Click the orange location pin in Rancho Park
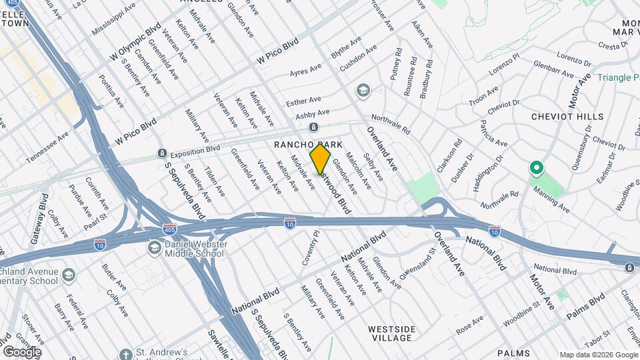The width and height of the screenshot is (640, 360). pyautogui.click(x=320, y=159)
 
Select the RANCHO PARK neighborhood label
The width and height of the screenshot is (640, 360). pyautogui.click(x=309, y=145)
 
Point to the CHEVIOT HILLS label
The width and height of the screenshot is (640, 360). pyautogui.click(x=567, y=117)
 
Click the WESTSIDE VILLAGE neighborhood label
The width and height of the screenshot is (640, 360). pyautogui.click(x=392, y=334)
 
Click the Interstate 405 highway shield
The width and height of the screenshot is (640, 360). pyautogui.click(x=170, y=229)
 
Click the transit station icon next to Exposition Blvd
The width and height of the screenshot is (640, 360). pyautogui.click(x=161, y=153)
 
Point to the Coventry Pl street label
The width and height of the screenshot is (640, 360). pyautogui.click(x=311, y=249)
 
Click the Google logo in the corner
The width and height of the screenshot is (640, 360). pyautogui.click(x=21, y=351)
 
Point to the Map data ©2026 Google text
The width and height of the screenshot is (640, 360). pyautogui.click(x=598, y=355)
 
